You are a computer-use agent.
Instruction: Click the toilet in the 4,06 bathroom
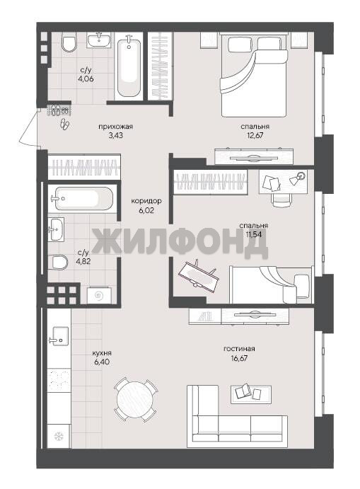(x=69, y=42)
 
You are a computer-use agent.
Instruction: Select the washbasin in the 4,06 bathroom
(x=99, y=40)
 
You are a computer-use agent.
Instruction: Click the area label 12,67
(x=255, y=136)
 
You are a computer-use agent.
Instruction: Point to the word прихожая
(x=115, y=127)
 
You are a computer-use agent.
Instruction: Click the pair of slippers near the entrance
(x=66, y=124)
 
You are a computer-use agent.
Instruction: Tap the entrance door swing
(x=29, y=126)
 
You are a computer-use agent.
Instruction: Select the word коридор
(x=146, y=201)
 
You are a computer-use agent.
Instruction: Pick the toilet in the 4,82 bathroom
(x=59, y=263)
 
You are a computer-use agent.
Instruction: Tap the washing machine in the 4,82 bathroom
(x=99, y=294)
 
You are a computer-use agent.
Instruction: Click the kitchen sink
(x=59, y=336)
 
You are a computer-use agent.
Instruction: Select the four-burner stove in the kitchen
(x=59, y=379)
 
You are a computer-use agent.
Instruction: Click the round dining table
(x=136, y=400)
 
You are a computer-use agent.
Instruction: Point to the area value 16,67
(x=239, y=358)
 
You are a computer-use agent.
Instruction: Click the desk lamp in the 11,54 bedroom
(x=298, y=178)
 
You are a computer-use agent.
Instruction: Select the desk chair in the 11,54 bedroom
(x=282, y=200)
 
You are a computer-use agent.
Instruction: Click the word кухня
(x=102, y=353)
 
